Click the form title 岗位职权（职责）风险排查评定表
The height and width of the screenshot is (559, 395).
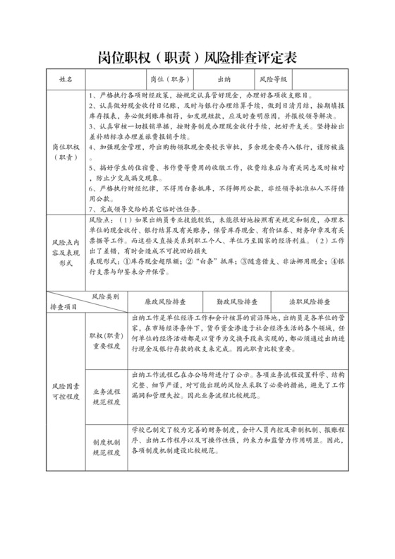[x=197, y=57]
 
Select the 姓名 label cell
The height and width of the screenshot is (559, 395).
[x=66, y=80]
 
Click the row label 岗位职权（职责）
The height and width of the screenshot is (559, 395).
[x=66, y=152]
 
